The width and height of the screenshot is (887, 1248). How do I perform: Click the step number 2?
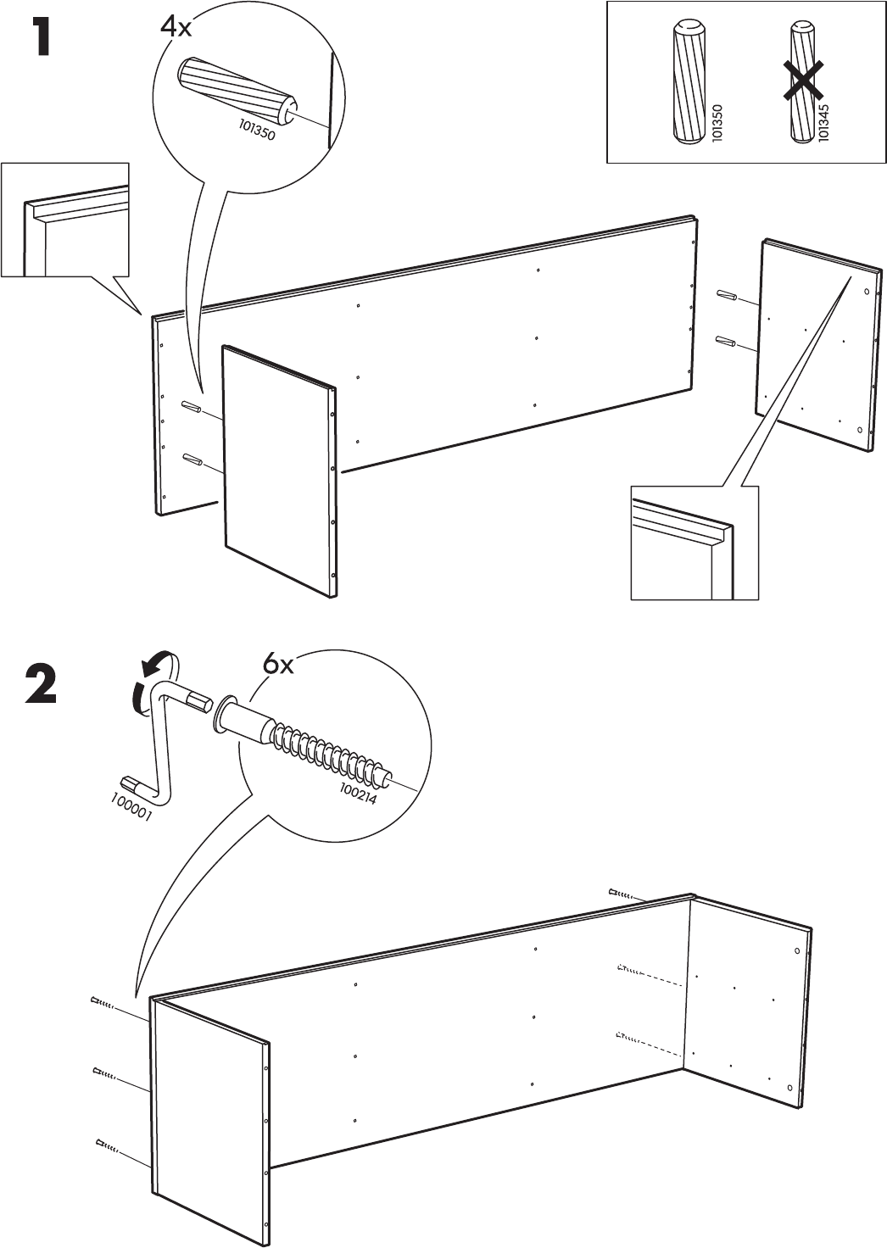click(x=40, y=687)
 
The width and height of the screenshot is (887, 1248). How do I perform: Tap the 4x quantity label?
click(x=176, y=27)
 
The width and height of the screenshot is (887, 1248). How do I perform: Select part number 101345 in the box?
click(x=823, y=121)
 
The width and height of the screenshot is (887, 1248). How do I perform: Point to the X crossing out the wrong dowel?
click(x=802, y=82)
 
